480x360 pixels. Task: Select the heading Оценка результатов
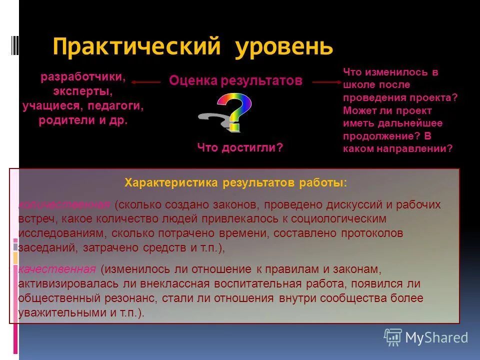[235, 80]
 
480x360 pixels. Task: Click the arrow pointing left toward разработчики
[146, 82]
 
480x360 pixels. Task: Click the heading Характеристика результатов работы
[235, 183]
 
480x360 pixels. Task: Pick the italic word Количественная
[64, 204]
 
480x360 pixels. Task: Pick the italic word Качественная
[56, 269]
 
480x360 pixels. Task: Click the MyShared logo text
[436, 338]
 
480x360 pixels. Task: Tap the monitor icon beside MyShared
[393, 337]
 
